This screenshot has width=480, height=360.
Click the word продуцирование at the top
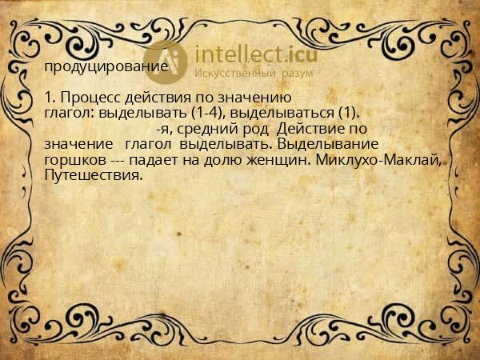[106, 67]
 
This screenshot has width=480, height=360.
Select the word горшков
[75, 160]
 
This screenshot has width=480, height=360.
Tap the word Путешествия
[94, 174]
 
